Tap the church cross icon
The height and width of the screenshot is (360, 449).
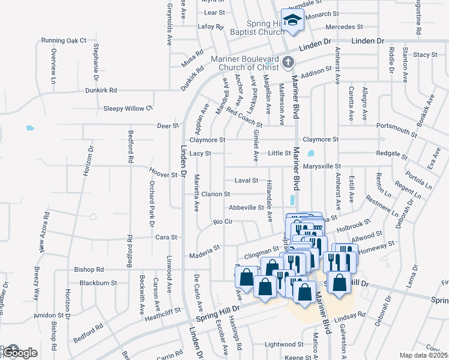tap(288, 62)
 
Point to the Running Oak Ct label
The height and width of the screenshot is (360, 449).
tap(64, 41)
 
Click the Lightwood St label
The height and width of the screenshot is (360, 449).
tap(284, 344)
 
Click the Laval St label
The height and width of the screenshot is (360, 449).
tap(246, 180)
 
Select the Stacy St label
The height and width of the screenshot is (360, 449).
tap(425, 55)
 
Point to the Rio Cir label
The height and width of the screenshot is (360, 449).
tap(223, 222)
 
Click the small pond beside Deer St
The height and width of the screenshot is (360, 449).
tap(29, 128)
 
